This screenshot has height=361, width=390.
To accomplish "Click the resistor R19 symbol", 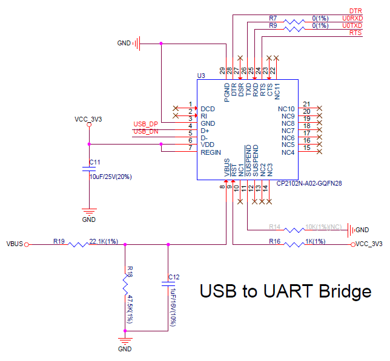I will pos(79,244).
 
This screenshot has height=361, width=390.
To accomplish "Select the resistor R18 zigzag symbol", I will pos(125,283).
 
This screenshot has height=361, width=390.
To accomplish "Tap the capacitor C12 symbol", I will pos(168,282).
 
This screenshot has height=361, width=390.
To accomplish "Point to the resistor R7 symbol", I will pos(296,21).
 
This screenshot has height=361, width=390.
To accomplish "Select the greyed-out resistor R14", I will pos(296,230).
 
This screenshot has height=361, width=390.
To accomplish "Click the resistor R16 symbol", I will pos(296,244).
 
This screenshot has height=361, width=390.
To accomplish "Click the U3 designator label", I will pos(202,76).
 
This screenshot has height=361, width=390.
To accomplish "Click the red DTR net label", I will pos(355,11).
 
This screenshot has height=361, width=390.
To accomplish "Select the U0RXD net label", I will pos(352,18).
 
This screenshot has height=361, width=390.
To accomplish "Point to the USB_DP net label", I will pos(145,124).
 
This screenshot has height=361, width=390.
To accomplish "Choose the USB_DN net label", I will pos(145,131).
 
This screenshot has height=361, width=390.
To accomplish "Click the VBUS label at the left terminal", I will pos(15,244).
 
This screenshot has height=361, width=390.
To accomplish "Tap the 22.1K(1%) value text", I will pos(104,241).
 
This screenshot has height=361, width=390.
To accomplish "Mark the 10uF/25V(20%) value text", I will pos(111,177).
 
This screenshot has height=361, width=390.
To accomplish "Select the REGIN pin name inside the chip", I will pos(211,152).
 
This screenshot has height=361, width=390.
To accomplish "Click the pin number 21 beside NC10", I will pos(307,104).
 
